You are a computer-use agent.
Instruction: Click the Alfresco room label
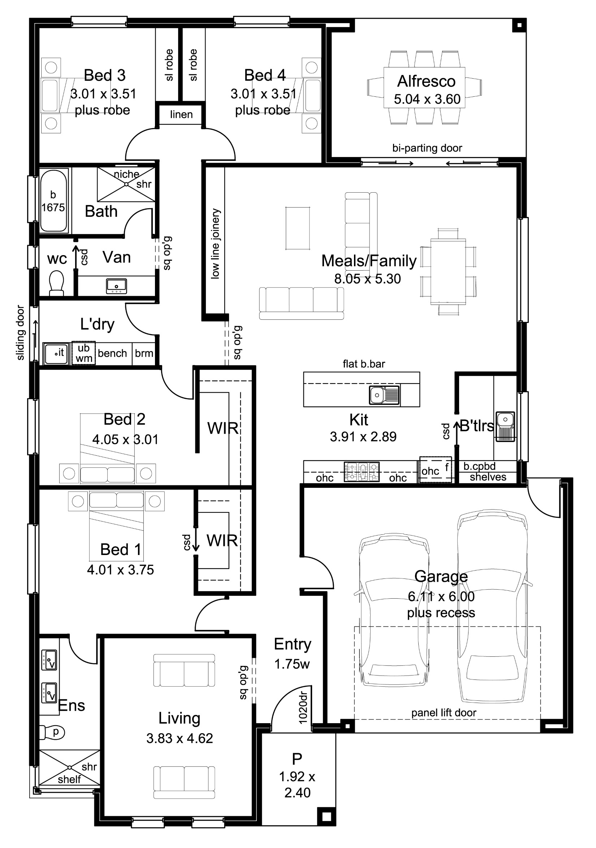[x=426, y=81]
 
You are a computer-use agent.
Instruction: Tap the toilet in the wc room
[x=57, y=283]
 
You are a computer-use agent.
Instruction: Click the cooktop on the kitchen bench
[x=362, y=472]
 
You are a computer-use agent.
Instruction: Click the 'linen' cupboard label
[x=181, y=114]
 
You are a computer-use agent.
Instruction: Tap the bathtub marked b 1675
[x=53, y=201]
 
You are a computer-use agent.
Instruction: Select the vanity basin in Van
[x=116, y=286]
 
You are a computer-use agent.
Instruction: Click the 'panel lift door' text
[x=444, y=713]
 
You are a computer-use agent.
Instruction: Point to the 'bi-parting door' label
[x=427, y=148]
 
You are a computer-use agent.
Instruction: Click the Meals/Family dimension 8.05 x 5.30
[x=367, y=279]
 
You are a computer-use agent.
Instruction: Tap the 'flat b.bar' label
[x=364, y=364]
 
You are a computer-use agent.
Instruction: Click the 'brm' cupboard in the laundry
[x=144, y=354]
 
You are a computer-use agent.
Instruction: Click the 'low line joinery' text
[x=215, y=244]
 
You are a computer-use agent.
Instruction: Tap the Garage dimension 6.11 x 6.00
[x=441, y=596]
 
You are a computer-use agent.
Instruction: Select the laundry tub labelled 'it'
[x=56, y=354]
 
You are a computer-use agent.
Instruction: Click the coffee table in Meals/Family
[x=298, y=228]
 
